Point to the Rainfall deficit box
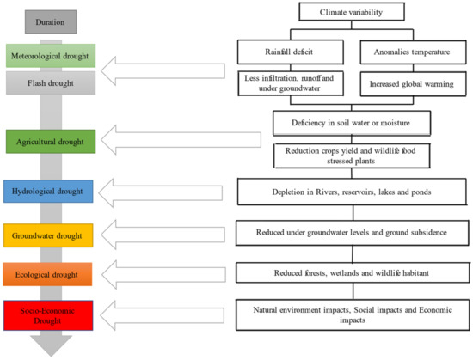pyautogui.click(x=293, y=52)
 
